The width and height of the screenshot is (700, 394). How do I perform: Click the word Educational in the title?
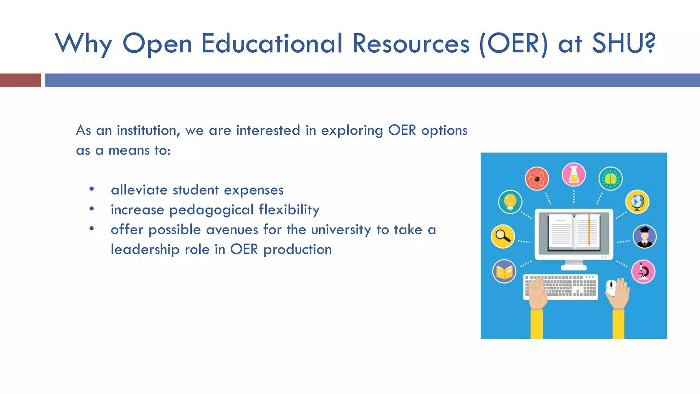click(x=272, y=44)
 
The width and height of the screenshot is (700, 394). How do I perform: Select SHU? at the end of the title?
click(x=623, y=44)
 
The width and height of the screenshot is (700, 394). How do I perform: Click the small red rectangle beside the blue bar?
click(x=20, y=80)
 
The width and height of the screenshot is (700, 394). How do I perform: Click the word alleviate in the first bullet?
click(x=139, y=190)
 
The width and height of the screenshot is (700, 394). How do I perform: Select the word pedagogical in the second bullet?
click(x=211, y=210)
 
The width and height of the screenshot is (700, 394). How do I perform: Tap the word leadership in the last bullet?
click(x=145, y=250)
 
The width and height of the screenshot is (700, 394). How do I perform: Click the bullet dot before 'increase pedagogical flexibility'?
click(x=92, y=209)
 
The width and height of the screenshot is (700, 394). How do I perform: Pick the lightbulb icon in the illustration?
click(x=510, y=202)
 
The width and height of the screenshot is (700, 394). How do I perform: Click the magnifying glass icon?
click(x=503, y=236)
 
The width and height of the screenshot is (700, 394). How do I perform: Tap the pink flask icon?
click(x=574, y=174)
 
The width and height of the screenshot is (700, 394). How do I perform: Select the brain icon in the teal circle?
click(x=610, y=179)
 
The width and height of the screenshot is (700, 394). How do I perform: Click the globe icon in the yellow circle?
click(x=637, y=202)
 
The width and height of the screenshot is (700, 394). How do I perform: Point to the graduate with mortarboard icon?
click(x=644, y=236)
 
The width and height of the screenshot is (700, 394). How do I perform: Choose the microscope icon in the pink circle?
click(x=643, y=272)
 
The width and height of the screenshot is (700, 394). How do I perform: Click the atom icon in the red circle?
click(x=537, y=179)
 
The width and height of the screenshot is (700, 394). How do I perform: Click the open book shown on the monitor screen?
click(x=574, y=232)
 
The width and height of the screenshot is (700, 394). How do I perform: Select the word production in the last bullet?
click(x=297, y=250)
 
